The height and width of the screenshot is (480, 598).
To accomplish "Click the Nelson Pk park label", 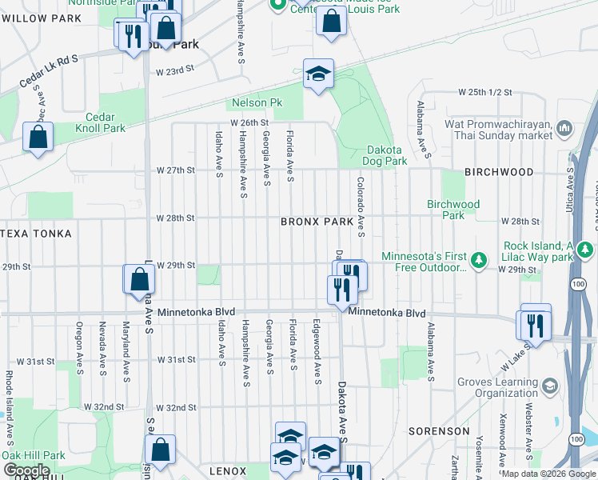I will coord(257,103).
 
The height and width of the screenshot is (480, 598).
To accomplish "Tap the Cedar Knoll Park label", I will coord(101,122).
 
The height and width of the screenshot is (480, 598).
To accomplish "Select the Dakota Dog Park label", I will coord(387,155).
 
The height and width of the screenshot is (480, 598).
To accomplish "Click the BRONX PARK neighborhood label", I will coord(317,222).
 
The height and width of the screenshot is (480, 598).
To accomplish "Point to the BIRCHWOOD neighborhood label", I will coord(499,172).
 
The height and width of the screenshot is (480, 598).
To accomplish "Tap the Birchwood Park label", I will coord(453,210).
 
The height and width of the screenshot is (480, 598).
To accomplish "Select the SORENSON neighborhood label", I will coord(439,431).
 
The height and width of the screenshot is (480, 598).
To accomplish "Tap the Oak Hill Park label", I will coord(34,455).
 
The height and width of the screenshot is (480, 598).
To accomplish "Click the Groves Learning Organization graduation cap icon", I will coord(549,387).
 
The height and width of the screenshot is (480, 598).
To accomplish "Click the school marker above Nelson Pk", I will coord(318,75).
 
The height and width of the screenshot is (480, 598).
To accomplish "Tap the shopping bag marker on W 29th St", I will coord(139,279).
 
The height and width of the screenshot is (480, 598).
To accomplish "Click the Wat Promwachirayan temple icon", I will coord(565,128).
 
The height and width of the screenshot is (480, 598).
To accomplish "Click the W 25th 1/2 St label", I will coord(484,93).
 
